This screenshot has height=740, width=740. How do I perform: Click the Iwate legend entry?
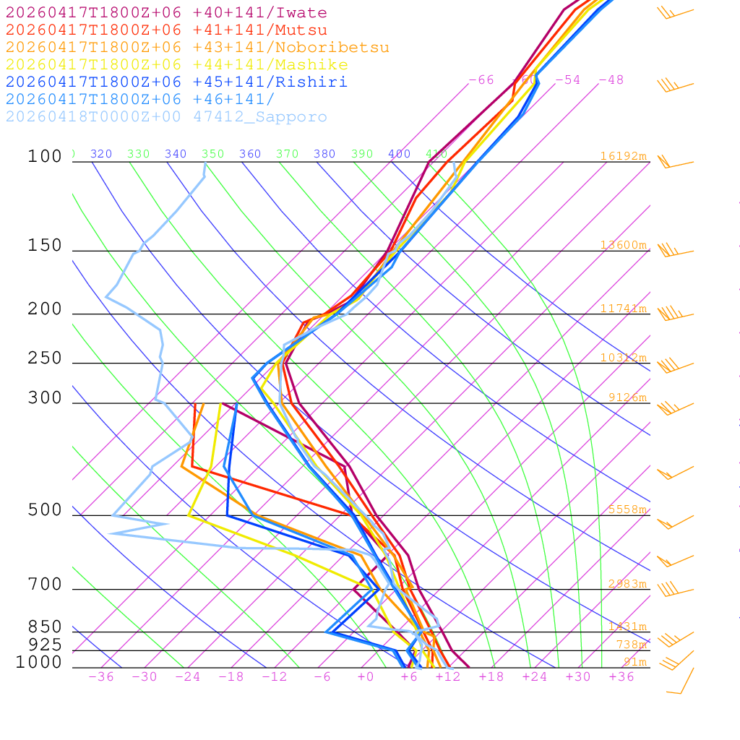(166, 13)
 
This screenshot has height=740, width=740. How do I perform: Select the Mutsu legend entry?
(166, 30)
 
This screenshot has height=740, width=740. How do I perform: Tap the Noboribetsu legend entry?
(197, 48)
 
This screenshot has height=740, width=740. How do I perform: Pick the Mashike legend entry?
(176, 65)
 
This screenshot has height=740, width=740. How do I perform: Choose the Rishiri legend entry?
(176, 82)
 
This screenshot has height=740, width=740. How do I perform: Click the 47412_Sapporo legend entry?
(166, 117)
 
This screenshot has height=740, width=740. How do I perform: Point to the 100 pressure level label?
(45, 157)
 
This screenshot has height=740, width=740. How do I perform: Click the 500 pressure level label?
(45, 511)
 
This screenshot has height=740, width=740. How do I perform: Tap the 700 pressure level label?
(45, 585)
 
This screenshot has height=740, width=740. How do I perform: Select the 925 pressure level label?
(45, 645)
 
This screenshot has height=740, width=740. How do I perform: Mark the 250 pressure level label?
(45, 358)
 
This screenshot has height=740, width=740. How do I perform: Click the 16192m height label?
(623, 156)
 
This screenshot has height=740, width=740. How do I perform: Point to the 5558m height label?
(627, 509)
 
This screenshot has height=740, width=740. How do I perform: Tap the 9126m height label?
(627, 397)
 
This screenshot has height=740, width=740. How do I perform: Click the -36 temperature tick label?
(100, 677)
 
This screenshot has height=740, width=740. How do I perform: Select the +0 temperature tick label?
(366, 677)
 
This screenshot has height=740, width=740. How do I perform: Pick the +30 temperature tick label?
(578, 677)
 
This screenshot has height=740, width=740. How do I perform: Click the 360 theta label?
(250, 154)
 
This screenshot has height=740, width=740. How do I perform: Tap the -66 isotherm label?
(481, 79)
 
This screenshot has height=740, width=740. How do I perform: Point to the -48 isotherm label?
(611, 79)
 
